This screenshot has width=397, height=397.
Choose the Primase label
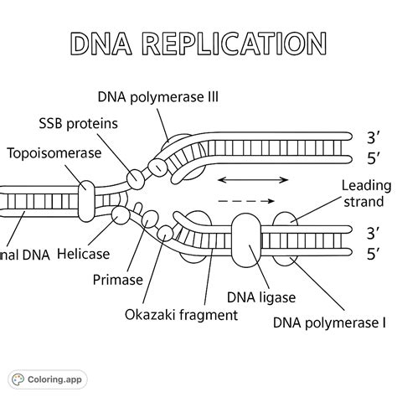(x=119, y=280)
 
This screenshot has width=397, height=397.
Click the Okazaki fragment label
(x=180, y=315)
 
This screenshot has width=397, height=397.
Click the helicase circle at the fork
(x=121, y=215)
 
